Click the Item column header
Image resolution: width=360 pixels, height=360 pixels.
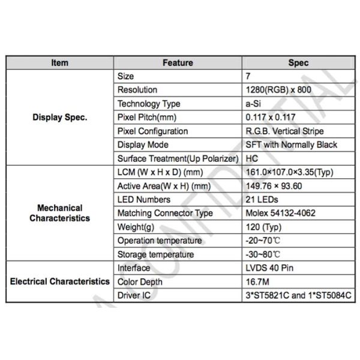coord(60,62)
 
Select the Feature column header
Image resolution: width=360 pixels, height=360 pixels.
coord(178,62)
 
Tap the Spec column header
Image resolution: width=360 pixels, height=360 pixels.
coord(298,62)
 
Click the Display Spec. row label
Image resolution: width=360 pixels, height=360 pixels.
coord(60,118)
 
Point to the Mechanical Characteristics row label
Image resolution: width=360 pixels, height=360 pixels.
coord(60,213)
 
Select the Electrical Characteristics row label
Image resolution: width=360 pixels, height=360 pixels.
coord(60,281)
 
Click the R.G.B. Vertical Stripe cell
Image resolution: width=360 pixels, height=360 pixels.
coord(284,131)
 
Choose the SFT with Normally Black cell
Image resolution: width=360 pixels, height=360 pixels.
coord(292,145)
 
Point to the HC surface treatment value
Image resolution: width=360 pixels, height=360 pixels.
coord(252,158)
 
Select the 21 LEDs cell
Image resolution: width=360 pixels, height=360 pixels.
coord(262,200)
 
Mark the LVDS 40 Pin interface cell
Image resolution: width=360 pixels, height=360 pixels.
coord(269,268)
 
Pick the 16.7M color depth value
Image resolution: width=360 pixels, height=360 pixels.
coord(258,282)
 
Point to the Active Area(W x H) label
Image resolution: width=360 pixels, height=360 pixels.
coord(164,186)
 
